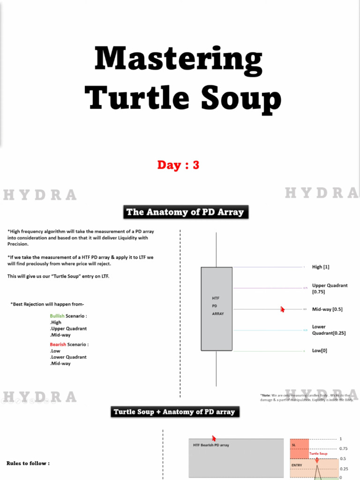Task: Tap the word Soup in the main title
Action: coord(242,98)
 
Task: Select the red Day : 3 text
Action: coord(178,165)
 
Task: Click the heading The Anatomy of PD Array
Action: coord(185,212)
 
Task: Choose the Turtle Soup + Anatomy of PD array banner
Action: coord(174,412)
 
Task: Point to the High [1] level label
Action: coord(321,267)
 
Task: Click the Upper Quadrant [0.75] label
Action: coord(330,288)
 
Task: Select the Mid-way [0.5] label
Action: coord(327,309)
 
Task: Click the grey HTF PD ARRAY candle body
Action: coord(217,328)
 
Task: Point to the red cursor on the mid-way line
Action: coord(282,309)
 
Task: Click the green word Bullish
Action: coord(57,316)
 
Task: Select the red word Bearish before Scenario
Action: coord(58,345)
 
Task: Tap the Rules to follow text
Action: coord(28,463)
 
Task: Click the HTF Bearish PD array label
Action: coord(211,445)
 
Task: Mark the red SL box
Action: coord(299,449)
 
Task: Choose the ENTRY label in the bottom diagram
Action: coord(297,465)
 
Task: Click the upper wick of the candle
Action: coord(217,248)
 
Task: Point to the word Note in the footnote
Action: coord(266,395)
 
